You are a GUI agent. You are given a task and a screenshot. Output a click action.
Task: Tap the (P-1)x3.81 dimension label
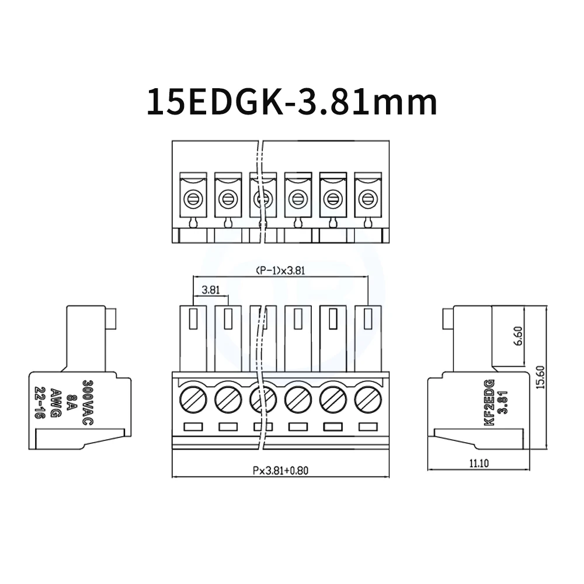[280, 270]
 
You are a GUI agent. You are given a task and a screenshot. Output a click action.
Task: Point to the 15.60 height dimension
[540, 378]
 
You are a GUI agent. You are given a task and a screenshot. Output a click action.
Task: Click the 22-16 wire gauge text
[40, 404]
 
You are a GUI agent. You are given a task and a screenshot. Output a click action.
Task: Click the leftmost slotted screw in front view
[193, 400]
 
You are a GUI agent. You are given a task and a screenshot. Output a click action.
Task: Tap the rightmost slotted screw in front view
[368, 400]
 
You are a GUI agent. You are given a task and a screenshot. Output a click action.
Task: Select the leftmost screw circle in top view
[193, 200]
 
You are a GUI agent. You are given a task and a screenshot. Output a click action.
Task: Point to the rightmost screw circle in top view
[368, 200]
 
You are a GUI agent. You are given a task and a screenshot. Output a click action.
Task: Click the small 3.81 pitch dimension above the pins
[210, 289]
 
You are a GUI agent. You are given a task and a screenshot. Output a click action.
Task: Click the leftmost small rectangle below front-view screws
[193, 427]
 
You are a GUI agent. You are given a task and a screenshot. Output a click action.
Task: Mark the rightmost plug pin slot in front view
[368, 319]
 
